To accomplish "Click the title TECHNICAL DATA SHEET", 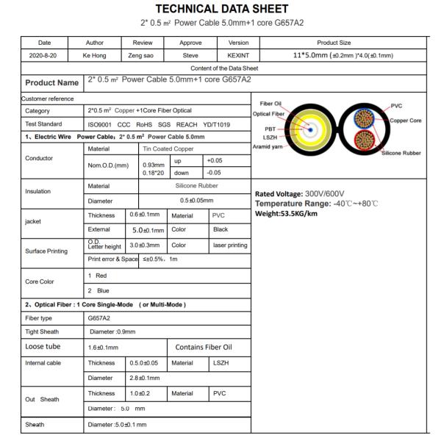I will (x=220, y=9).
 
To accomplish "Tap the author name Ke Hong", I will (x=95, y=55).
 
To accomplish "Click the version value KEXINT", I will (x=233, y=55).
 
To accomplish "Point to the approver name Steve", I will (x=190, y=55).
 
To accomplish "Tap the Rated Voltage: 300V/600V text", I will (x=298, y=195).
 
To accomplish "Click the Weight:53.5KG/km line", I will (x=287, y=214).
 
